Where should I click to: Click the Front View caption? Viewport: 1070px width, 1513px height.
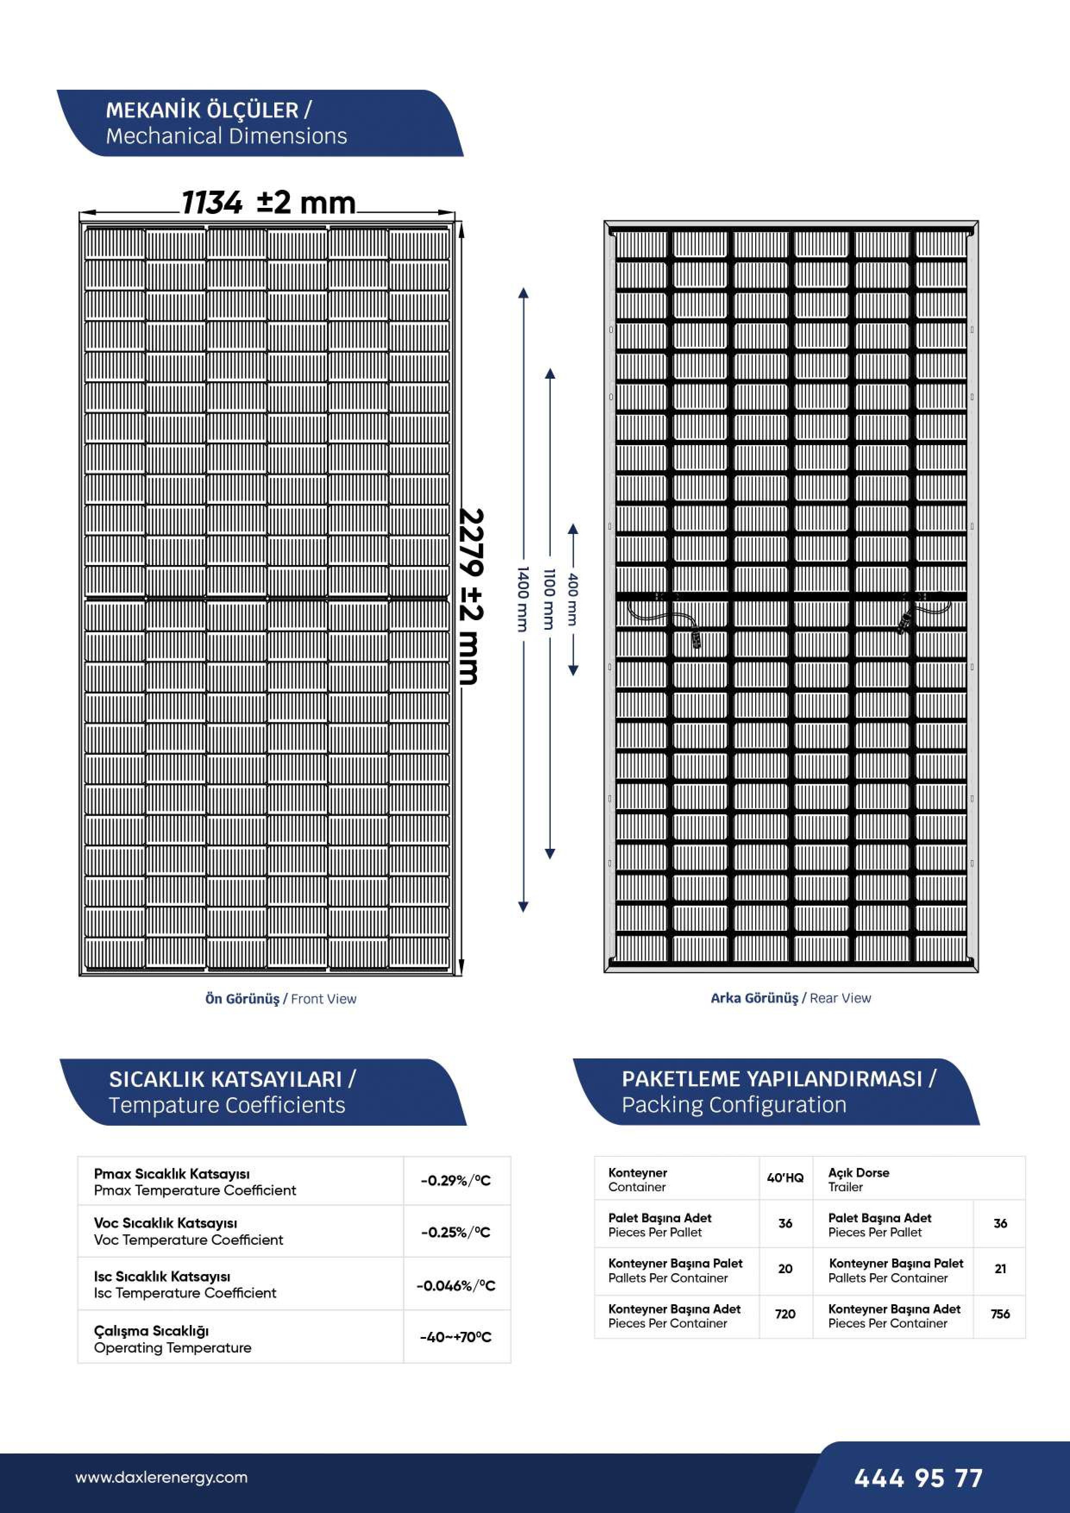pos(281,998)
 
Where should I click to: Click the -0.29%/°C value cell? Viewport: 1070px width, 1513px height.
pos(456,1180)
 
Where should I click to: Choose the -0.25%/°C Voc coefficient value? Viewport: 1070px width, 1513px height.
pos(456,1232)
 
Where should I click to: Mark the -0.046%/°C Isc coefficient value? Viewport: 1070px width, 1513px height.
pos(456,1285)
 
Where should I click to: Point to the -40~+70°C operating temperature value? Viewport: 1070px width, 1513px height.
pos(456,1337)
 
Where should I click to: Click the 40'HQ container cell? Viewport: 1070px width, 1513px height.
pos(785,1177)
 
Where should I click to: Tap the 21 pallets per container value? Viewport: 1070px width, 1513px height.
pos(1000,1268)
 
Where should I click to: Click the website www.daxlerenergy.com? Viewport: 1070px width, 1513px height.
pos(161,1477)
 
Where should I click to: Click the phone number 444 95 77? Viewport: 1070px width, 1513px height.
pos(918,1478)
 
